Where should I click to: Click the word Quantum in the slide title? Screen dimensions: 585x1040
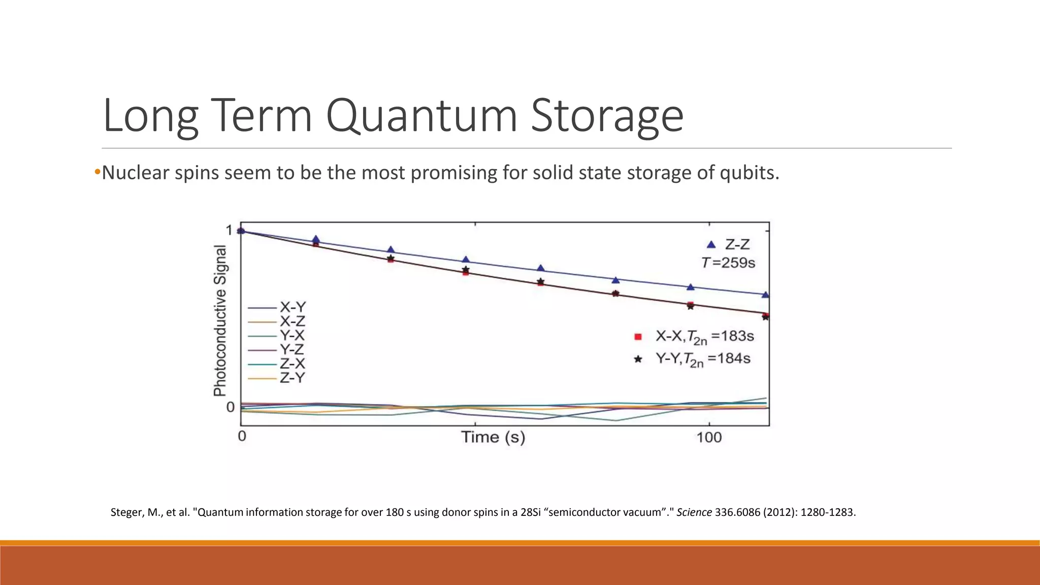click(421, 116)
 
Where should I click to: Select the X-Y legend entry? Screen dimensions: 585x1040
click(292, 307)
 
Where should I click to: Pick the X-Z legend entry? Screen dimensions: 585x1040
click(292, 321)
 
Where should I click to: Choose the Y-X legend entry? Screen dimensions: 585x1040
click(292, 336)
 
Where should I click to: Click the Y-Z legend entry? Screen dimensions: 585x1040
click(292, 350)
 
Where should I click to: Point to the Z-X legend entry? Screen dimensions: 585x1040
click(292, 364)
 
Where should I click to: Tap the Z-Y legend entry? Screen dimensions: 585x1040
click(292, 378)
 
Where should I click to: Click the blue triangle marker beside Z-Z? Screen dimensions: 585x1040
click(711, 245)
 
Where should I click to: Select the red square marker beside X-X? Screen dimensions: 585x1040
click(638, 337)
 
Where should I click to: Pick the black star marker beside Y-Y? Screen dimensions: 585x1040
click(638, 359)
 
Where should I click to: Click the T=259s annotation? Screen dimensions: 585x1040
click(728, 263)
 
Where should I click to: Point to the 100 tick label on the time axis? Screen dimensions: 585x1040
click(709, 437)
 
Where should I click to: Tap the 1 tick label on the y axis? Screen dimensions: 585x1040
click(229, 231)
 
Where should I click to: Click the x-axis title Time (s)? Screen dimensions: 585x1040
click(493, 437)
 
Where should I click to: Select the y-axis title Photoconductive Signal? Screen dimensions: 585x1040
click(220, 320)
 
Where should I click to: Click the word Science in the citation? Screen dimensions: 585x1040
click(694, 512)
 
